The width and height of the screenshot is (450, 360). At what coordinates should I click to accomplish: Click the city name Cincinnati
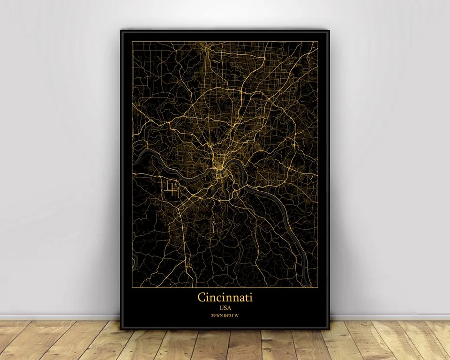225,297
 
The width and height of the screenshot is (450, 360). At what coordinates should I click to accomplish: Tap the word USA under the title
225,307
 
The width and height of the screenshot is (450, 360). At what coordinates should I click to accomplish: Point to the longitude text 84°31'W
232,315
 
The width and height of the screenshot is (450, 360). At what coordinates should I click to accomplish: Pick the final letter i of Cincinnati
250,297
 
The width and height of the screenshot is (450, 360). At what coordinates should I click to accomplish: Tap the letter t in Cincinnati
246,298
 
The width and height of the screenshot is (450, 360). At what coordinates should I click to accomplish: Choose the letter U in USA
220,307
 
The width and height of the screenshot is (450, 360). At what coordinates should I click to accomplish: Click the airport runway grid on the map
172,190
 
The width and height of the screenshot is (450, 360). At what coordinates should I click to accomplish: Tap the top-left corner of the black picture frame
121,31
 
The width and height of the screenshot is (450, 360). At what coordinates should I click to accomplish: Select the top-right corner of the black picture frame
329,31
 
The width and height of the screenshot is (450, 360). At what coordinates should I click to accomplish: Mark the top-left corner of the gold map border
132,41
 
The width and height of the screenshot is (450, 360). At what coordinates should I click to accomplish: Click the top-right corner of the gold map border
318,41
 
